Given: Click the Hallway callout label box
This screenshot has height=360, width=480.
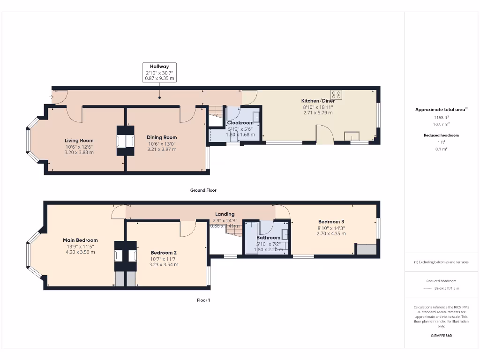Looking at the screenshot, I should [159, 73].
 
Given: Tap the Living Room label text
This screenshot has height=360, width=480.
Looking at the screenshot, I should [79, 140].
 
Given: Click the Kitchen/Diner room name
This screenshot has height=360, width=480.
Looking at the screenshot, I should [318, 101].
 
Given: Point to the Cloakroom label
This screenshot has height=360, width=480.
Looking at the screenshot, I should [240, 123].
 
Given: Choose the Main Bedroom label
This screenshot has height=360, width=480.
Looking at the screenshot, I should [80, 240].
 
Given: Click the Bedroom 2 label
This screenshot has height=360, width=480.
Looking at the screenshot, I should [163, 253].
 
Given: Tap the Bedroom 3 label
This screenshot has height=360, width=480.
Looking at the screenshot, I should [331, 222].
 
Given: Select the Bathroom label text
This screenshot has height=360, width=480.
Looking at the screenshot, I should [268, 238].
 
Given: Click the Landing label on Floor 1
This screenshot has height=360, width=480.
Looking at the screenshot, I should [225, 214].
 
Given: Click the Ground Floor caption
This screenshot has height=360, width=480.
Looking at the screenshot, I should [203, 190].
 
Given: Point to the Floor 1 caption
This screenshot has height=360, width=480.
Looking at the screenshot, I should [203, 300].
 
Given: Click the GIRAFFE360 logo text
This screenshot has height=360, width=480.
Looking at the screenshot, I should [441, 336].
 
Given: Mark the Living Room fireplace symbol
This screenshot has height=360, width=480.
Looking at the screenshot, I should [121, 141].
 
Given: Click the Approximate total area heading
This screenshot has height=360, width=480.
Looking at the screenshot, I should [440, 109].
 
